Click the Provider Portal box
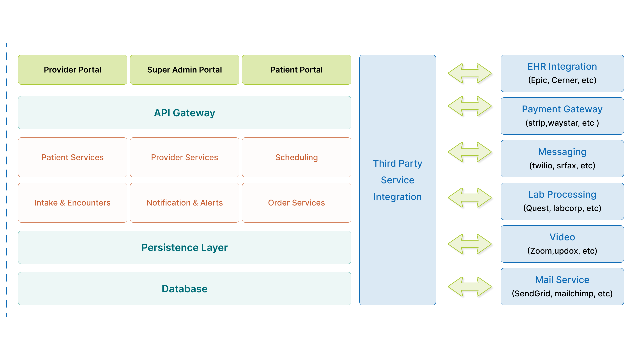point(73,70)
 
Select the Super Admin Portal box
point(184,70)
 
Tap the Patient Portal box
point(296,70)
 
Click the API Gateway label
point(184,113)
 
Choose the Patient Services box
point(73,157)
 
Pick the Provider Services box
point(184,157)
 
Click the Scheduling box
point(296,157)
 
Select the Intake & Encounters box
point(73,203)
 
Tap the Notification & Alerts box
point(184,203)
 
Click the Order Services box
point(296,203)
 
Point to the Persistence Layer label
point(184,248)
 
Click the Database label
point(184,289)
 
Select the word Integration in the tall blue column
point(397,197)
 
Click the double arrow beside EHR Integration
point(470,73)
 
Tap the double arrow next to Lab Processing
point(470,198)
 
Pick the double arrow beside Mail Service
point(470,287)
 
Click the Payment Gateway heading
point(562,109)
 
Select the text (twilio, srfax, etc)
point(562,166)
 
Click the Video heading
point(562,237)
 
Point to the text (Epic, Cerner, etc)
point(562,80)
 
